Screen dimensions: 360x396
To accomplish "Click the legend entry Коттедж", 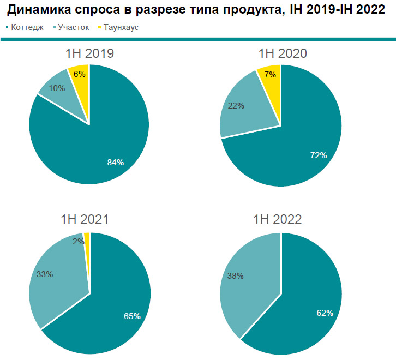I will click(x=25, y=27).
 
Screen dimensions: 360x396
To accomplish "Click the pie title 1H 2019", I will click(x=89, y=53).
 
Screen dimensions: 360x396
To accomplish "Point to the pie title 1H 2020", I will click(x=282, y=53).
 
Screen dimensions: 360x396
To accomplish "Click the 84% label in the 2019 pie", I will click(x=116, y=162).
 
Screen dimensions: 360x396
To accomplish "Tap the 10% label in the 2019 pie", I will click(x=57, y=88).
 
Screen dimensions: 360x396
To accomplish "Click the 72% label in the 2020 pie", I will click(x=318, y=155).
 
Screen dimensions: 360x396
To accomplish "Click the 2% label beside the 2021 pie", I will click(x=78, y=241).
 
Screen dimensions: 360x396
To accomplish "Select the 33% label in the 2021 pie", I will click(x=44, y=274).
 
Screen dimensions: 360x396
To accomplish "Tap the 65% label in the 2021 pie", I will click(x=131, y=316).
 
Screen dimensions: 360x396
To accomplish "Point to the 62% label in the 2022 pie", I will click(x=325, y=313).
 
